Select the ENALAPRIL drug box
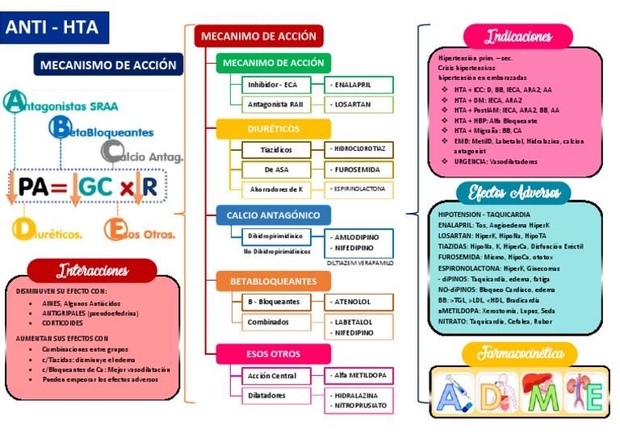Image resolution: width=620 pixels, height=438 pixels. (359, 84)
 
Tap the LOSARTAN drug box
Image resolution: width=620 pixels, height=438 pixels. (359, 104)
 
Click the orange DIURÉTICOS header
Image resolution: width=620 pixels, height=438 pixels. (273, 129)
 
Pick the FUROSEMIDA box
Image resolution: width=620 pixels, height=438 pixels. (359, 169)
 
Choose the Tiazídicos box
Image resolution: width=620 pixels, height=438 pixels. (277, 149)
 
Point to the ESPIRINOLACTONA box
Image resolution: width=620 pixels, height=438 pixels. (359, 189)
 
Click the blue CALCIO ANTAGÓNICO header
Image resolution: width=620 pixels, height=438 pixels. (273, 215)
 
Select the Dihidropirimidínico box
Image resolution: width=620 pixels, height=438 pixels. (277, 236)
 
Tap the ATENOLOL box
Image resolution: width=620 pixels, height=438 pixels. (359, 302)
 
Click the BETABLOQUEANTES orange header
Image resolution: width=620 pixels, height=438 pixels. (273, 282)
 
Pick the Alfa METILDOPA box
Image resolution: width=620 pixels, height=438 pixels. (359, 375)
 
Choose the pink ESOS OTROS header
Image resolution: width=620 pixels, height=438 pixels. (273, 354)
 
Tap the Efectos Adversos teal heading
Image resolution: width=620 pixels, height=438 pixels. (513, 192)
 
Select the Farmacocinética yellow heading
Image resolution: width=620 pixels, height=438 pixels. (518, 353)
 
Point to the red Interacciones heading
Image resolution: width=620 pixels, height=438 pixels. (103, 270)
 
